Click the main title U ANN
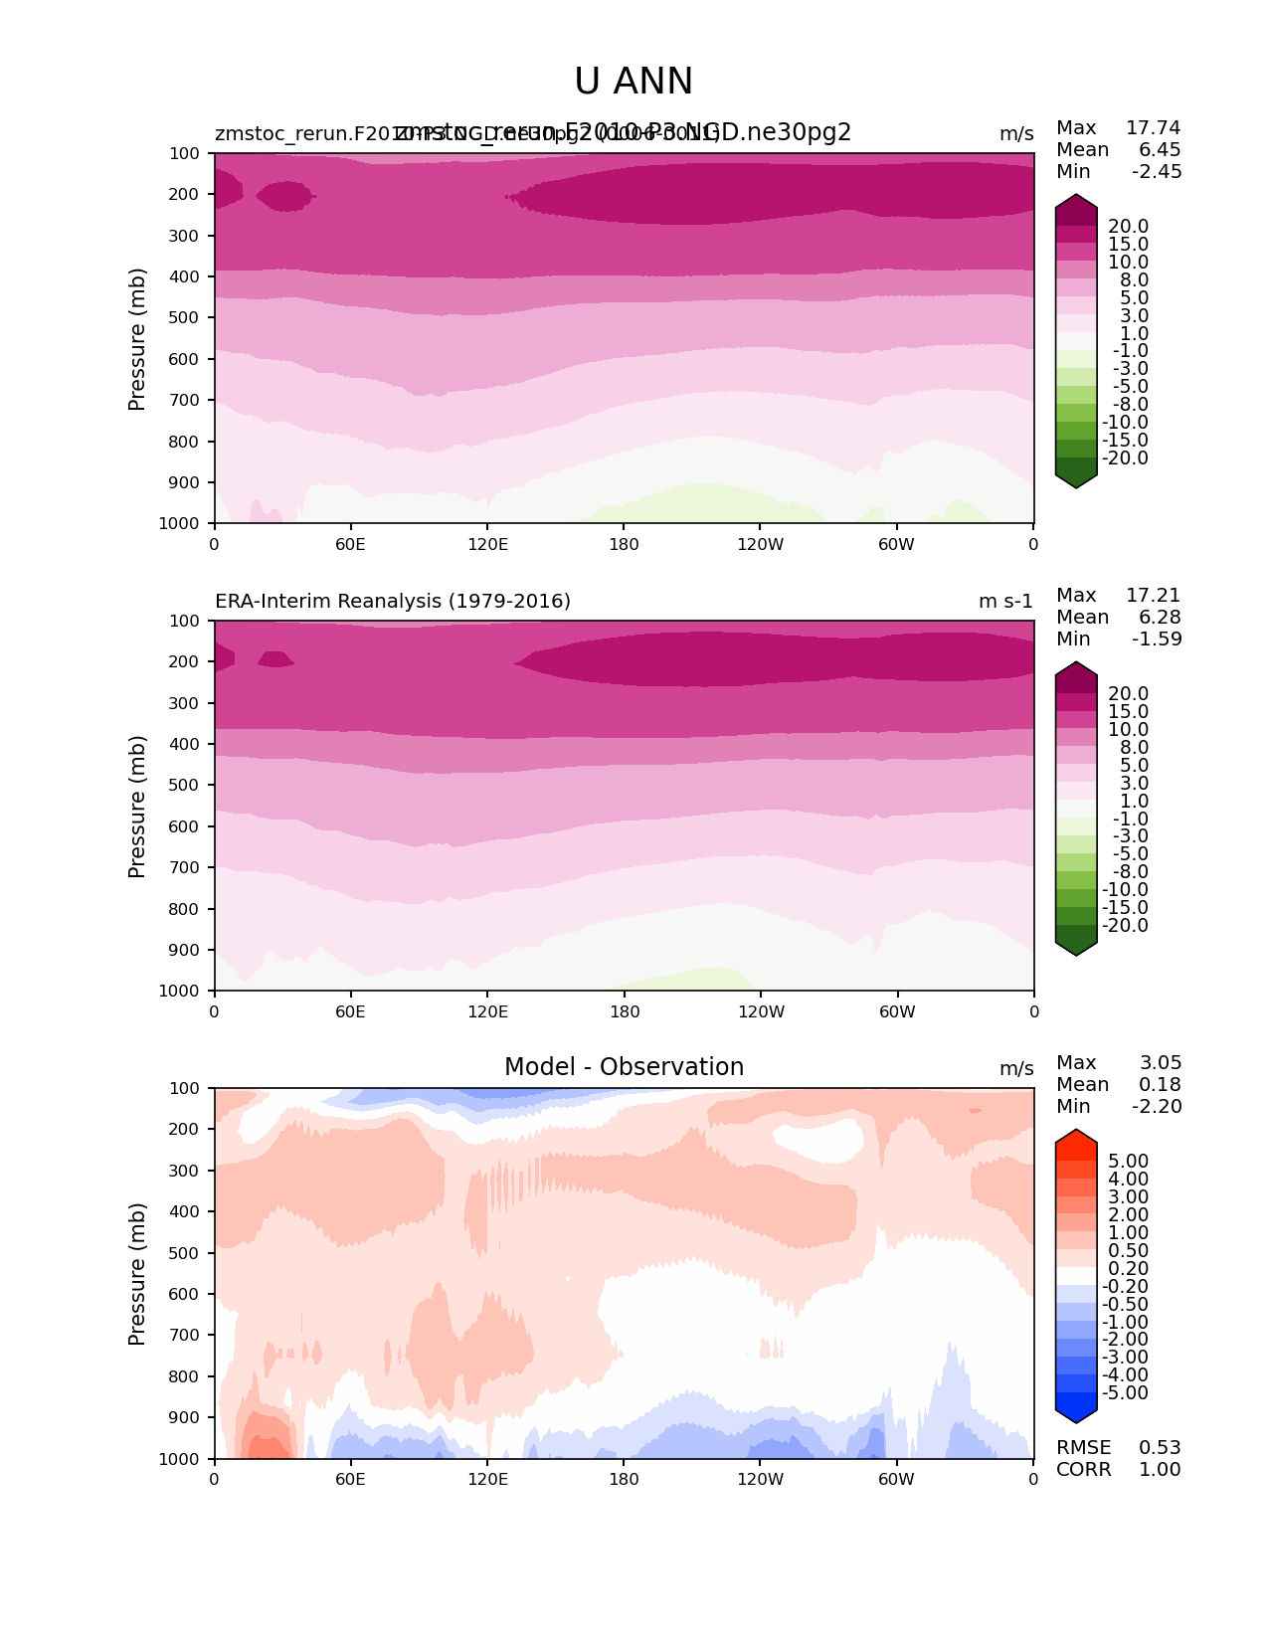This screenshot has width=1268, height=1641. [634, 82]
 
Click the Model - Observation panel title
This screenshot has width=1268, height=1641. [624, 1067]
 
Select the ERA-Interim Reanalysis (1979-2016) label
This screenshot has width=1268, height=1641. [393, 602]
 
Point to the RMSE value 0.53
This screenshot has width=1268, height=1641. [1160, 1448]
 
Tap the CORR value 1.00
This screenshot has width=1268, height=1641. [1160, 1470]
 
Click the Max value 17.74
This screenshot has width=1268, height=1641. [1153, 128]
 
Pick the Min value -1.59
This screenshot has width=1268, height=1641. [1157, 639]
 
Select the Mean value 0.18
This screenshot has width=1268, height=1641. [1160, 1085]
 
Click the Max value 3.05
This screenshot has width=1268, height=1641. [1160, 1063]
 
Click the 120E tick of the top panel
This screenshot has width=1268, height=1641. [487, 544]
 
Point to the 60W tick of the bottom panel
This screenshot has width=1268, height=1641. [896, 1479]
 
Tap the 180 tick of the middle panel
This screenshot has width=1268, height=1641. [624, 1011]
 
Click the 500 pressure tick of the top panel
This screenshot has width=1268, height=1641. [186, 318]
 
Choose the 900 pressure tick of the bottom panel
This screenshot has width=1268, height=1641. [186, 1418]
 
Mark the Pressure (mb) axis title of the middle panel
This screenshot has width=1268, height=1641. [137, 807]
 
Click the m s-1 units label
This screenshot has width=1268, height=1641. [1005, 602]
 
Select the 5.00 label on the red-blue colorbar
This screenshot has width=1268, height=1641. [1128, 1162]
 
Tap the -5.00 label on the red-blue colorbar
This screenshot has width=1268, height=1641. [1125, 1393]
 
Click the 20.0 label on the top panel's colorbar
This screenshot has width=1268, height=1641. [1128, 227]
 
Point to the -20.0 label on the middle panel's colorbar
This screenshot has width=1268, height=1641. [1125, 926]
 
